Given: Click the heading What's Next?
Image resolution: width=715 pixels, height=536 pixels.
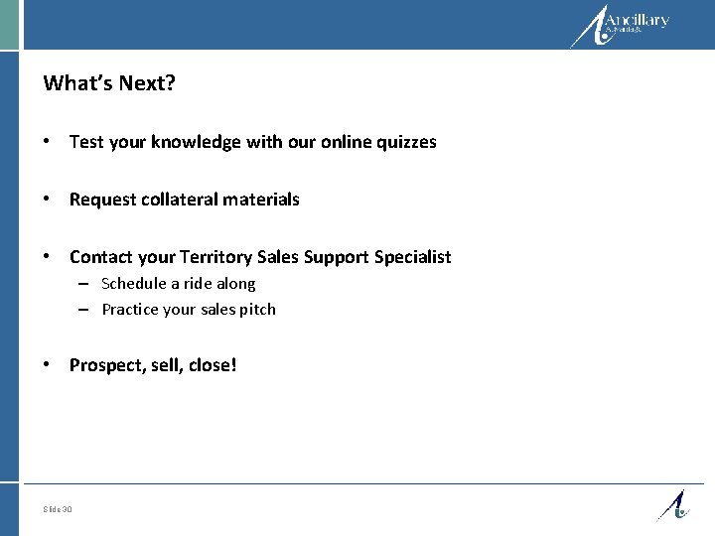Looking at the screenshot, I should (x=109, y=83).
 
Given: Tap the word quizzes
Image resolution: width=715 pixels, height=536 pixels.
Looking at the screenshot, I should (x=405, y=142).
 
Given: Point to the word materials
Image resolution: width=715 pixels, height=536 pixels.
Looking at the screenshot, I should (x=261, y=200).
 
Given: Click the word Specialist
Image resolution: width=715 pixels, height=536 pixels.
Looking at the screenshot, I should (x=412, y=257).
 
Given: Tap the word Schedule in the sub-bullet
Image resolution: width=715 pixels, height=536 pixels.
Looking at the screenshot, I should (x=132, y=284).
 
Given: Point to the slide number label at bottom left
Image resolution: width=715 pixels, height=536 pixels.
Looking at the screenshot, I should (x=58, y=510).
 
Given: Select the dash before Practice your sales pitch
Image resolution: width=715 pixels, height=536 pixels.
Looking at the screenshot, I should (x=87, y=310).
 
